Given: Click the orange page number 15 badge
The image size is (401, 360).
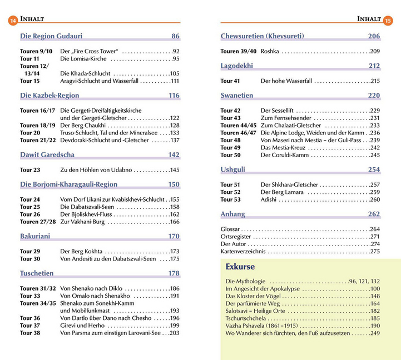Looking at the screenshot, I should (388, 21).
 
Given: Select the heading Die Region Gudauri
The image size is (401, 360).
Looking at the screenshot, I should (51, 37).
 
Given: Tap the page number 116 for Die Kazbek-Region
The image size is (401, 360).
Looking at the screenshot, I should (174, 96).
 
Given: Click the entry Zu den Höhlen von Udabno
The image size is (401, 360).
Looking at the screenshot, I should (96, 170).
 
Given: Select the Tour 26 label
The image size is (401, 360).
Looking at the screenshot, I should (30, 214).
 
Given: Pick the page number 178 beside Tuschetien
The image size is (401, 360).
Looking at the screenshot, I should (174, 274).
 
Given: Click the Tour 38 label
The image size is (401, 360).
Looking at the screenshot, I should (30, 333).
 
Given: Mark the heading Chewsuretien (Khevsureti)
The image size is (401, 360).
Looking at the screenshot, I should (262, 37).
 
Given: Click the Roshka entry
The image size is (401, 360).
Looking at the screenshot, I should (270, 51).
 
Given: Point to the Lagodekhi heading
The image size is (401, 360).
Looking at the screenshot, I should (236, 66).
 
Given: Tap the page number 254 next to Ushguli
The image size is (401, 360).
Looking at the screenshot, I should (374, 170).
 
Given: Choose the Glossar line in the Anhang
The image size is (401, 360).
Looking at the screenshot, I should (230, 229).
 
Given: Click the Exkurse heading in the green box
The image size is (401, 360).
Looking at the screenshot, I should (240, 267).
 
